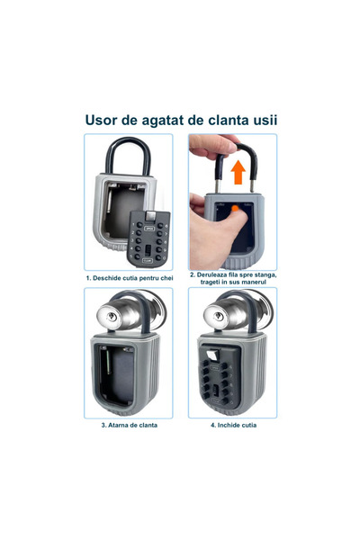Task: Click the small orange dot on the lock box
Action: (x=235, y=209)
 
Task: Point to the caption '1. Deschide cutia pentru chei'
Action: (x=129, y=277)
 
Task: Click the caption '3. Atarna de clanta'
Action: (x=129, y=425)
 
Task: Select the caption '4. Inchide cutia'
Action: (x=232, y=425)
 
